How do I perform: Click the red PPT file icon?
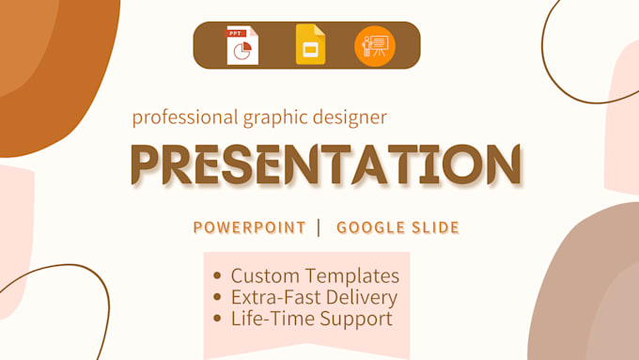pyautogui.click(x=242, y=45)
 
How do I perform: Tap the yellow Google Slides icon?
pyautogui.click(x=310, y=45)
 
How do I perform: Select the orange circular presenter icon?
pyautogui.click(x=375, y=45)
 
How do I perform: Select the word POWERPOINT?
pyautogui.click(x=249, y=227)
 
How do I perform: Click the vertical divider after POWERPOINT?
pyautogui.click(x=319, y=227)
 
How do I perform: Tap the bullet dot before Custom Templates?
pyautogui.click(x=218, y=276)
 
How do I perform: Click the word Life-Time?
pyautogui.click(x=266, y=319)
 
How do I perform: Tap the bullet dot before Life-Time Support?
pyautogui.click(x=218, y=319)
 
